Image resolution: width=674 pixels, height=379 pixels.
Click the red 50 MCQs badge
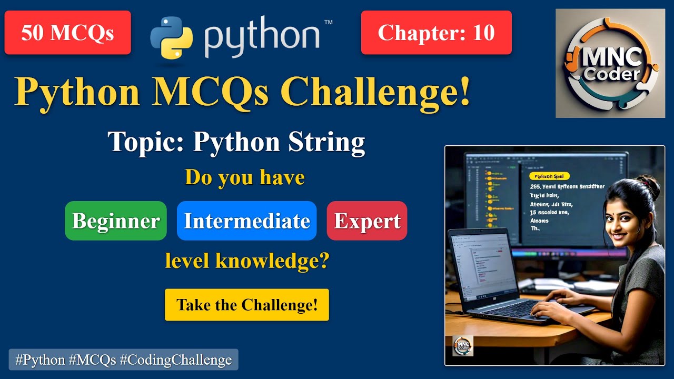pyautogui.click(x=67, y=33)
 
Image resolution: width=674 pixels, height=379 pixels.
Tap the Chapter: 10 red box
pyautogui.click(x=436, y=33)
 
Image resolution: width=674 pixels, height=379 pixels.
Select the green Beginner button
pyautogui.click(x=116, y=221)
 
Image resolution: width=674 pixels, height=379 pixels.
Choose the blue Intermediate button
pyautogui.click(x=246, y=221)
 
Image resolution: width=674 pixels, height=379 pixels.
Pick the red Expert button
pyautogui.click(x=367, y=221)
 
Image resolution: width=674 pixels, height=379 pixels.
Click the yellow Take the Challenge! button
pyautogui.click(x=247, y=305)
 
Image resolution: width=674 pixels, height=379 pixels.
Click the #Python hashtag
pyautogui.click(x=37, y=360)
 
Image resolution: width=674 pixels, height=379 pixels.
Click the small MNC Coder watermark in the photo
pyautogui.click(x=463, y=346)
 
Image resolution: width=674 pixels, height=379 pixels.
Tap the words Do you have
pyautogui.click(x=245, y=177)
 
